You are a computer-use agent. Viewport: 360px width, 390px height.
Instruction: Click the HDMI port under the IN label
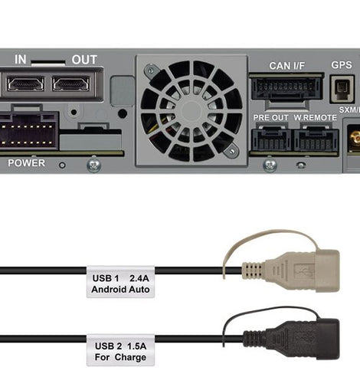pyautogui.click(x=25, y=84)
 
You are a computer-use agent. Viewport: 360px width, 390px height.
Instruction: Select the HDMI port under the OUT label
pyautogui.click(x=71, y=84)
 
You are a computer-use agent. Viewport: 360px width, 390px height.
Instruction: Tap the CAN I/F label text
pyautogui.click(x=287, y=66)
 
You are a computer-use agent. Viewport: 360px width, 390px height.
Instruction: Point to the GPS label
pyautogui.click(x=342, y=65)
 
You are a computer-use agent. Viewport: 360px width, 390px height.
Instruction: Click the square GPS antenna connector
pyautogui.click(x=342, y=89)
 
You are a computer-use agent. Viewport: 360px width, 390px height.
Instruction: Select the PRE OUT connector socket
pyautogui.click(x=271, y=140)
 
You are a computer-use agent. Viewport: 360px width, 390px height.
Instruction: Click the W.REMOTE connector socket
pyautogui.click(x=316, y=140)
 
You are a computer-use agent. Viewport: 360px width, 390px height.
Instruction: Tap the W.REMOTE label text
pyautogui.click(x=316, y=117)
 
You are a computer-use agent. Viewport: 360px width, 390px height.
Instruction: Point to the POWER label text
pyautogui.click(x=26, y=163)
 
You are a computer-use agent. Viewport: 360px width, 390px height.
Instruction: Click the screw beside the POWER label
pyautogui.click(x=94, y=166)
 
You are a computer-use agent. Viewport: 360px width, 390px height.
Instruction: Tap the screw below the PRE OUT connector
pyautogui.click(x=270, y=166)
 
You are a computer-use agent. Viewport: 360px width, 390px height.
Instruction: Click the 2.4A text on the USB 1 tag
pyautogui.click(x=139, y=278)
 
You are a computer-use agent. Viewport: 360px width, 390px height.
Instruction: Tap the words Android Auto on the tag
pyautogui.click(x=120, y=290)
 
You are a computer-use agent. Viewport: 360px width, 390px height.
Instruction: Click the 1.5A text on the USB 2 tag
pyautogui.click(x=136, y=346)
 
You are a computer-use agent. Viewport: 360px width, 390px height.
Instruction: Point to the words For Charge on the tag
pyautogui.click(x=120, y=357)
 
